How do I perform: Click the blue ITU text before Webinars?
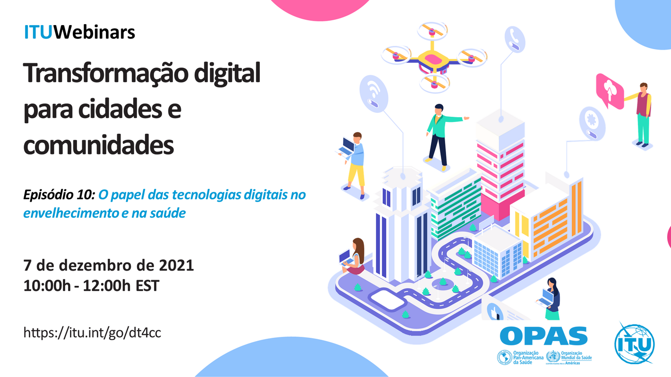(x=39, y=32)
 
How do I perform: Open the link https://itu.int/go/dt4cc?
(x=92, y=333)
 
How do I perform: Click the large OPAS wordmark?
(x=543, y=336)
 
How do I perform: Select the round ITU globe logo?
(x=634, y=343)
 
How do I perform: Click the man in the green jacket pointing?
(x=439, y=134)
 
